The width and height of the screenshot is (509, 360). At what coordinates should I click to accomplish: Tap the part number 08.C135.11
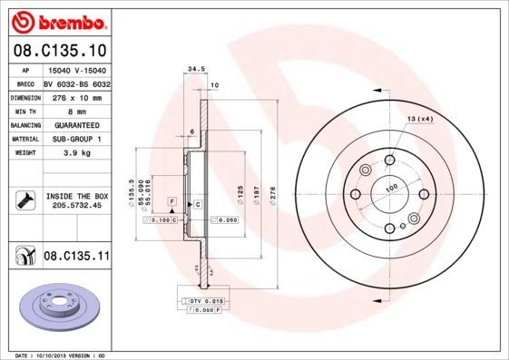point(76,257)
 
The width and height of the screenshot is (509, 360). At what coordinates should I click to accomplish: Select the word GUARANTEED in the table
point(76,124)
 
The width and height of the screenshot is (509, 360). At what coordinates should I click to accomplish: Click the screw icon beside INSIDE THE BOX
point(23,199)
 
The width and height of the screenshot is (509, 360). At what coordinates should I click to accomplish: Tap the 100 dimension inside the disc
point(392,188)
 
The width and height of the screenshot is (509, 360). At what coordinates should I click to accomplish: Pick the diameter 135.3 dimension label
point(132,190)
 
